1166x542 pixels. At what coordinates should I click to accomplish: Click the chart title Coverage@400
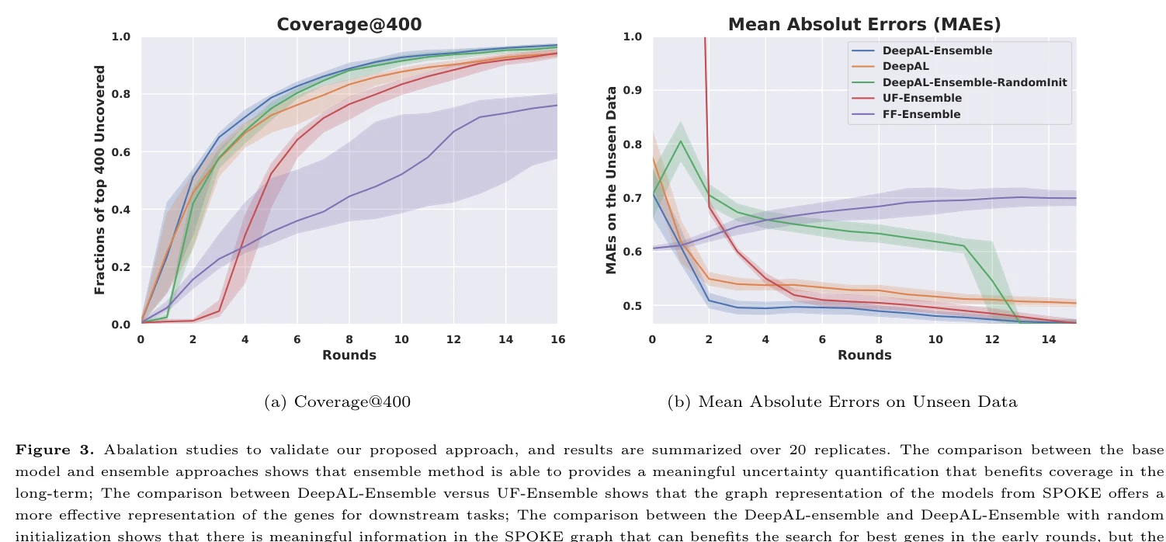(x=349, y=24)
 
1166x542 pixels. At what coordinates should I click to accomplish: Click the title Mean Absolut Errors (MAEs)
(x=864, y=24)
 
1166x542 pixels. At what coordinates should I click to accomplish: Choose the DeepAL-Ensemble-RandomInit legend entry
(x=974, y=82)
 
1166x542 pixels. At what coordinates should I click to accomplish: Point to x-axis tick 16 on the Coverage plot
(x=557, y=340)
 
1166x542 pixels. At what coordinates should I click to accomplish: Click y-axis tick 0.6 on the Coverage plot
(x=120, y=152)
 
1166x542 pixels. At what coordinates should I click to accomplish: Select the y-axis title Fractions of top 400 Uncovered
(x=99, y=180)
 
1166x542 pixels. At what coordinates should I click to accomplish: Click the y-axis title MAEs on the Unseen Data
(x=612, y=180)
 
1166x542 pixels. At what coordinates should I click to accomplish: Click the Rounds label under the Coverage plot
(x=349, y=355)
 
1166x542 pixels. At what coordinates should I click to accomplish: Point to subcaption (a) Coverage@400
(x=338, y=401)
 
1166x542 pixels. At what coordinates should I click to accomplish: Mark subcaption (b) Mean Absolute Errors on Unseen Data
(x=842, y=401)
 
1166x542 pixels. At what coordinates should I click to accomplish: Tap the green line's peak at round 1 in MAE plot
(x=681, y=141)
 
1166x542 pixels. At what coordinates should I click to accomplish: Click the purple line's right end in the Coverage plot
(x=557, y=105)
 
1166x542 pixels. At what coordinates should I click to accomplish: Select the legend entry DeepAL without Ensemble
(x=905, y=67)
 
